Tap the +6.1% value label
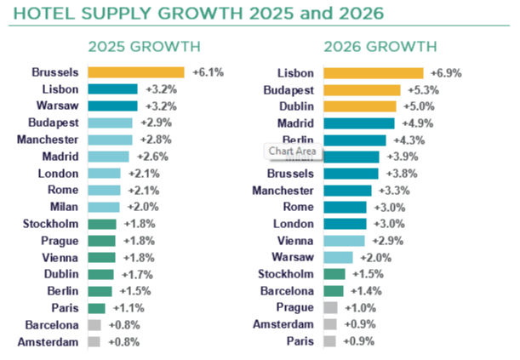point(207,72)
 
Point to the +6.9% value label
point(445,73)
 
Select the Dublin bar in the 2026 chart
point(360,106)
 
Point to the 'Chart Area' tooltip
point(292,151)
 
